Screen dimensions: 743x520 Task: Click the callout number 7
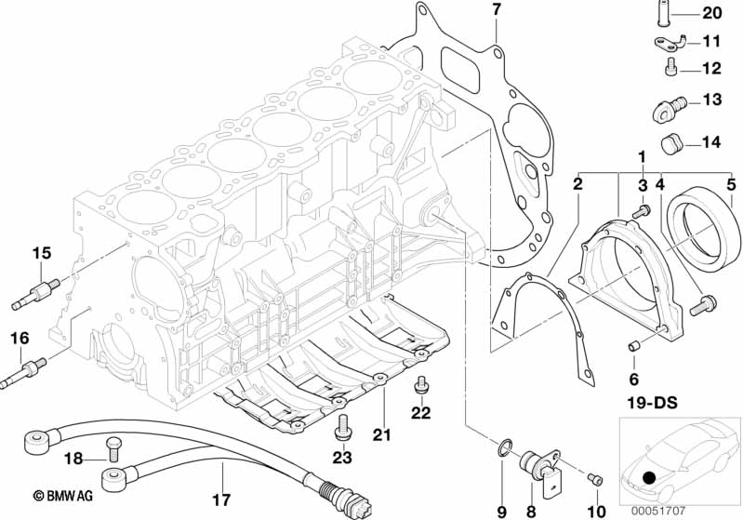(497, 9)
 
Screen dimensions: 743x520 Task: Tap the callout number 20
(711, 13)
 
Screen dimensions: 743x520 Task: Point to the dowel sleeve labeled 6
(634, 346)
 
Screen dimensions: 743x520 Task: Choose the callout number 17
(221, 500)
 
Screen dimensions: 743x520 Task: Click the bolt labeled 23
(342, 427)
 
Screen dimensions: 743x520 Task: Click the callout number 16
(20, 338)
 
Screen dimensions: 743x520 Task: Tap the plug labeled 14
(670, 143)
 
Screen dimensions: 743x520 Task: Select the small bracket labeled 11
(670, 44)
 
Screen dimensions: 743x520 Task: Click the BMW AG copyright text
(63, 496)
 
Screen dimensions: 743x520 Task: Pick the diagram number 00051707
(657, 512)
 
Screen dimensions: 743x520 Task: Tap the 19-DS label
(652, 403)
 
